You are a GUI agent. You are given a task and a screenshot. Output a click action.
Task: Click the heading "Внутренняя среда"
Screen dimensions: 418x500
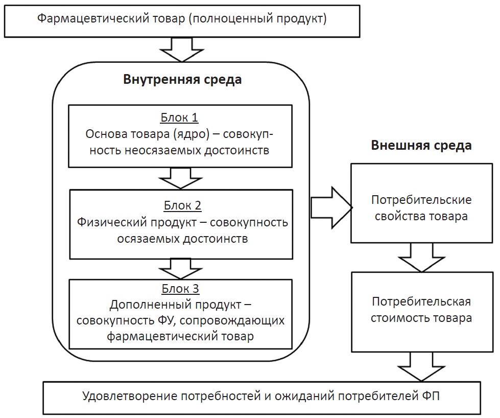pos(182,80)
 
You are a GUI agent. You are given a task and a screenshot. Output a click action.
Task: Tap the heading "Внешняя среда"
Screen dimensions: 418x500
pos(421,146)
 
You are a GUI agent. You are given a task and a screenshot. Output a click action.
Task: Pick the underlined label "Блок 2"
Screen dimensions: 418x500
pos(182,206)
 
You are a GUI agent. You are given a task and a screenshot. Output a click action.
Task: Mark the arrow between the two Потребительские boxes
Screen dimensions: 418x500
pos(422,257)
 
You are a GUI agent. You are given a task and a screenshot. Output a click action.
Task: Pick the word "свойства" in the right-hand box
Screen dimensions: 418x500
pos(397,216)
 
